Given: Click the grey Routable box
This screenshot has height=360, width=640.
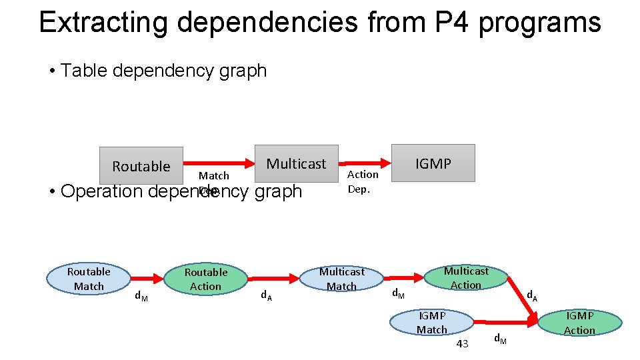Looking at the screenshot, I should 141,165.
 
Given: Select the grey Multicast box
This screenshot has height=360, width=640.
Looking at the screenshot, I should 297,163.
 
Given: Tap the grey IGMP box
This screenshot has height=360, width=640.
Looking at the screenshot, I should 433,163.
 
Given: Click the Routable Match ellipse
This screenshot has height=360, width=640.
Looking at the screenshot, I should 89,279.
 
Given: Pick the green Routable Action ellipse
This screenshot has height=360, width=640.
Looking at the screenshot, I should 206,279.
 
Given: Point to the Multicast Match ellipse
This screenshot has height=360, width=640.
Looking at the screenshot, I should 341,279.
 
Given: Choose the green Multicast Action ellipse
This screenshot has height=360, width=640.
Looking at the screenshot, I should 466,277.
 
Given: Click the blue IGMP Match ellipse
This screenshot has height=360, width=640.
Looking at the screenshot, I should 431,323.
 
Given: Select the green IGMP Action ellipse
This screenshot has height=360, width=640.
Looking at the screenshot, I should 579,323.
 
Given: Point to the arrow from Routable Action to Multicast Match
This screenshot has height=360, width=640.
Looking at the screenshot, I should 273,277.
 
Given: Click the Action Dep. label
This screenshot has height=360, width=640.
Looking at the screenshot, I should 363,181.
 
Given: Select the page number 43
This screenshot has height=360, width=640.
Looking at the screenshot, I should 462,343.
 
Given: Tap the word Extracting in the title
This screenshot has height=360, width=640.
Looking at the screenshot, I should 103,22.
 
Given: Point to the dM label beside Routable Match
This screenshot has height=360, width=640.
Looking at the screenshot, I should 141,296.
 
